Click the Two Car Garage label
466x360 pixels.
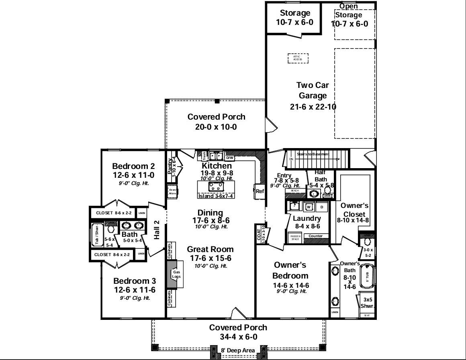pyautogui.click(x=313, y=90)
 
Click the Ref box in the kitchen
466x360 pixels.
pyautogui.click(x=260, y=191)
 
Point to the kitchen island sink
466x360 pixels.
pyautogui.click(x=217, y=186)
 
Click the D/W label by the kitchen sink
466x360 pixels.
pyautogui.click(x=230, y=158)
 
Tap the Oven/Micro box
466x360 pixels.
pyautogui.click(x=172, y=191)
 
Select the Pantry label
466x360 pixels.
pyautogui.click(x=170, y=165)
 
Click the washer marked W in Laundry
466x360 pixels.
pyautogui.click(x=309, y=207)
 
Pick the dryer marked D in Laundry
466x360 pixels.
pyautogui.click(x=322, y=207)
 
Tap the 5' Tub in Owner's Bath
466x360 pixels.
pyautogui.click(x=367, y=277)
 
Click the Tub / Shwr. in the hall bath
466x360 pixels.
pyautogui.click(x=97, y=235)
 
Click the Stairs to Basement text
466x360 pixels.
pyautogui.click(x=315, y=154)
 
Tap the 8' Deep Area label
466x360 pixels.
pyautogui.click(x=238, y=350)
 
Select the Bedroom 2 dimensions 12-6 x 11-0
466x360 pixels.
pyautogui.click(x=133, y=175)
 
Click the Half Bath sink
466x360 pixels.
pyautogui.click(x=314, y=194)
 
